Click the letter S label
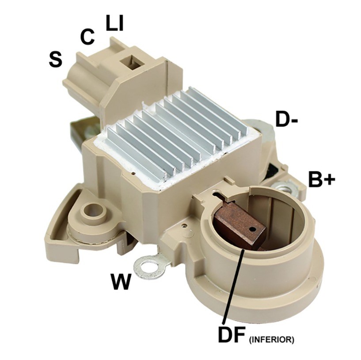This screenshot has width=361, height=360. (x=56, y=59)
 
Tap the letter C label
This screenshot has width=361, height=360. (x=87, y=37)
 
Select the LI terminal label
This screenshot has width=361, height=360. (x=114, y=23)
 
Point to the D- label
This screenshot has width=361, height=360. (x=286, y=119)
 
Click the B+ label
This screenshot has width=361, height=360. (x=321, y=178)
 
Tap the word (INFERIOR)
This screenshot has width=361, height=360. (x=271, y=340)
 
